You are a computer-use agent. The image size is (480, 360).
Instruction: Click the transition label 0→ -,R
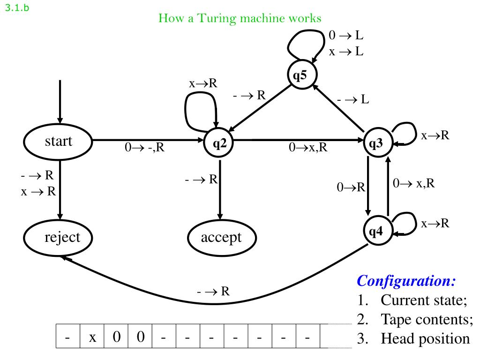pyautogui.click(x=144, y=148)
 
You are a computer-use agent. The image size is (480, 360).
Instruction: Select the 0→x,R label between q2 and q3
pyautogui.click(x=308, y=148)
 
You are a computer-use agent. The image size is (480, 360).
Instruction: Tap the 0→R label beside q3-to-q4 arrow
pyautogui.click(x=351, y=187)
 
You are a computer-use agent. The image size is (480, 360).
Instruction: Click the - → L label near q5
pyautogui.click(x=353, y=99)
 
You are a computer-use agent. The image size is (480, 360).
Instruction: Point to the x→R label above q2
pyautogui.click(x=203, y=83)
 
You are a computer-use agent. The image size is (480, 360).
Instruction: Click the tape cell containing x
pyautogui.click(x=92, y=336)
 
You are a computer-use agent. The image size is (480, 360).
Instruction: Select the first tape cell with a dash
pyautogui.click(x=68, y=336)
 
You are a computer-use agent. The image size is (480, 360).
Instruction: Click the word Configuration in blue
pyautogui.click(x=406, y=281)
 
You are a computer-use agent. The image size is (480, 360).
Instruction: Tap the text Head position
pyautogui.click(x=425, y=338)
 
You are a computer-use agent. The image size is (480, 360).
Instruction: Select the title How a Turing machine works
pyautogui.click(x=240, y=18)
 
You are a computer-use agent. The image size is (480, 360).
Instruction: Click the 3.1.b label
pyautogui.click(x=17, y=7)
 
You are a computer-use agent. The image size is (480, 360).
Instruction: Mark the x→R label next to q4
pyautogui.click(x=435, y=223)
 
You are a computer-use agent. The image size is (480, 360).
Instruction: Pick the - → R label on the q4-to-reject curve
pyautogui.click(x=213, y=291)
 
